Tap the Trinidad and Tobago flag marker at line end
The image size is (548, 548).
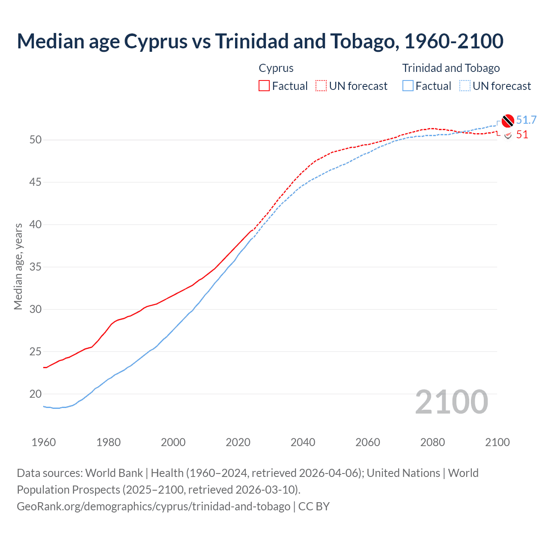[507, 121]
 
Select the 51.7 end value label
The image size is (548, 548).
[526, 120]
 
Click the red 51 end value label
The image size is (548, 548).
[522, 135]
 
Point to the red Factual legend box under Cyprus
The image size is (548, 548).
[264, 86]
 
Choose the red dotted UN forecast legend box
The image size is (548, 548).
[321, 86]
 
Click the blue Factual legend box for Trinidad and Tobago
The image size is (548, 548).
[408, 86]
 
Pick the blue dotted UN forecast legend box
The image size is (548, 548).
[465, 86]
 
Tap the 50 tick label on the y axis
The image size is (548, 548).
[36, 140]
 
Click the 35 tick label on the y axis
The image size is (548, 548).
[36, 267]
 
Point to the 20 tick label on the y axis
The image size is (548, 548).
[36, 394]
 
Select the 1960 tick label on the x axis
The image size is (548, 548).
[44, 442]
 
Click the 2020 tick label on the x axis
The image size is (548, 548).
[238, 442]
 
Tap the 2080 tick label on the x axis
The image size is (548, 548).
[432, 442]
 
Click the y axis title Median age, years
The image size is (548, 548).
[18, 266]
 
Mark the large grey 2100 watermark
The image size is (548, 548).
[451, 402]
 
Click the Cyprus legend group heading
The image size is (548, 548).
[276, 68]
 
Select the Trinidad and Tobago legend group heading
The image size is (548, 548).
[451, 68]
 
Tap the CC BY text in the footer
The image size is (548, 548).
[314, 506]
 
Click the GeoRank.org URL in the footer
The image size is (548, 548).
[153, 506]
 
